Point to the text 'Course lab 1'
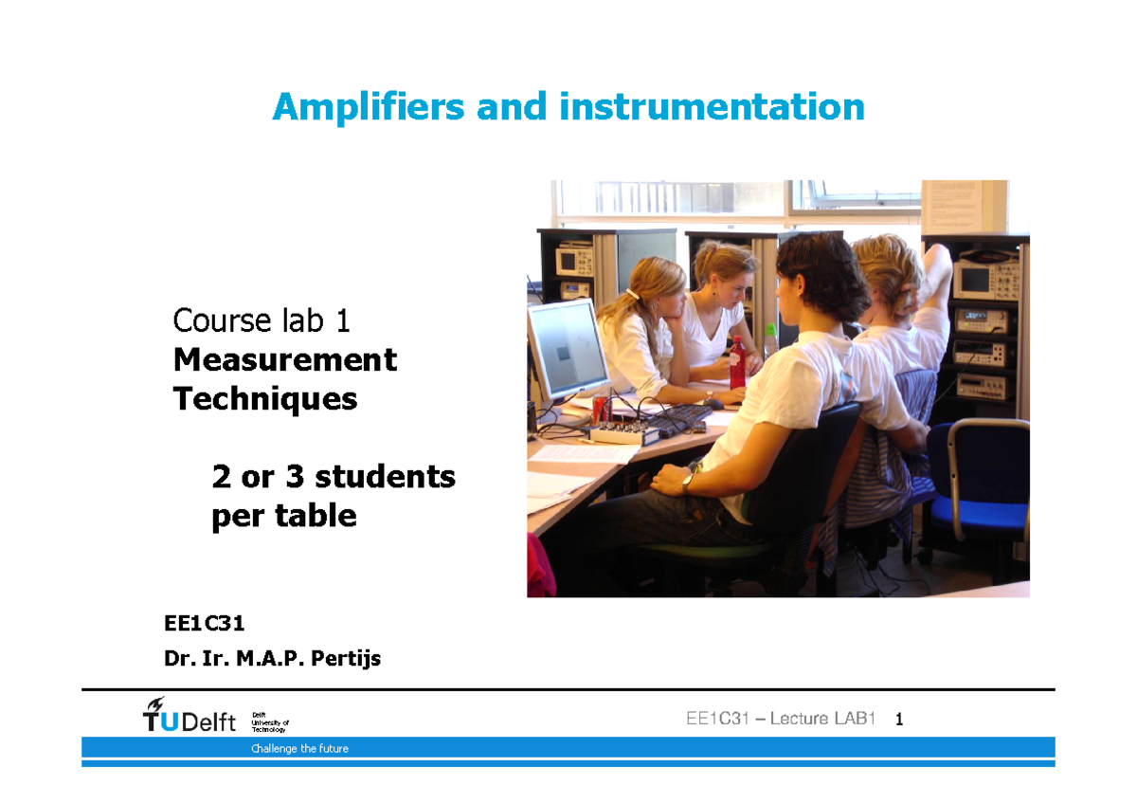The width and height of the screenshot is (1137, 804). click(262, 321)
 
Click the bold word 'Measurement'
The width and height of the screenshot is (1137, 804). click(285, 360)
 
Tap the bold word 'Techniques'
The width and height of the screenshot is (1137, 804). click(265, 399)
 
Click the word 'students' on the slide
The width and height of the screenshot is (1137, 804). click(385, 476)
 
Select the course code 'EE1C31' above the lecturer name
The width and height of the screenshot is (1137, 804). click(205, 624)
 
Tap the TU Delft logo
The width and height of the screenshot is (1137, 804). click(189, 718)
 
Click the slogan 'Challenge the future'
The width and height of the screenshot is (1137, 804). click(299, 749)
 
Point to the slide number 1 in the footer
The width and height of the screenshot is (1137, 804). click(899, 721)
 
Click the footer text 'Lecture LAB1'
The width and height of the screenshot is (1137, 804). click(821, 720)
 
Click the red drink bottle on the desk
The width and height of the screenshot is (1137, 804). click(737, 362)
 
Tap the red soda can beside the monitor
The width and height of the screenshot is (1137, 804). click(599, 411)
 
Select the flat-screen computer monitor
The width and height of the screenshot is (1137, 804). click(567, 350)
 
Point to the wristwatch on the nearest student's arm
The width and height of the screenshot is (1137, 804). click(690, 480)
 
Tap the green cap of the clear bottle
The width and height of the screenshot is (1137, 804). click(771, 330)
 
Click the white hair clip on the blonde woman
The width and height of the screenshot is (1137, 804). click(631, 295)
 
